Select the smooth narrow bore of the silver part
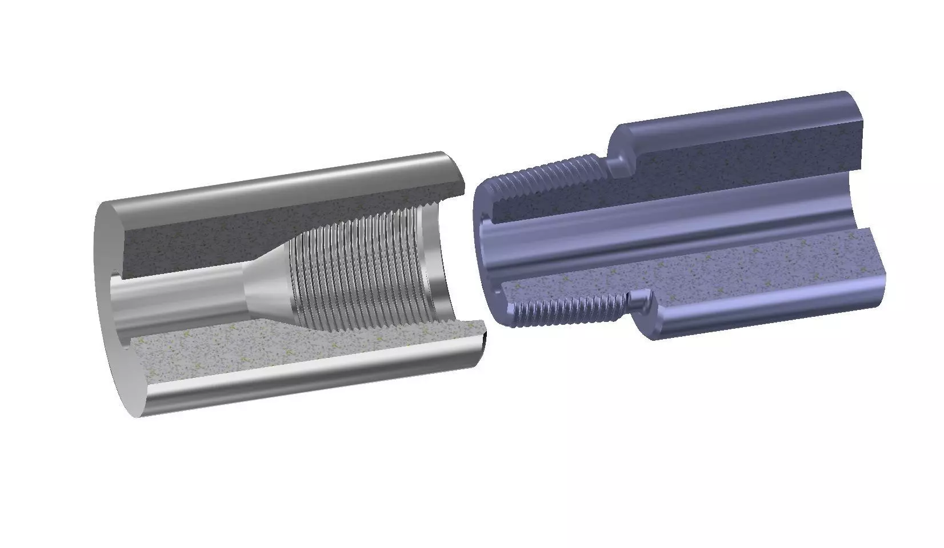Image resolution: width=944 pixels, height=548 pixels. tap(183, 297)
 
